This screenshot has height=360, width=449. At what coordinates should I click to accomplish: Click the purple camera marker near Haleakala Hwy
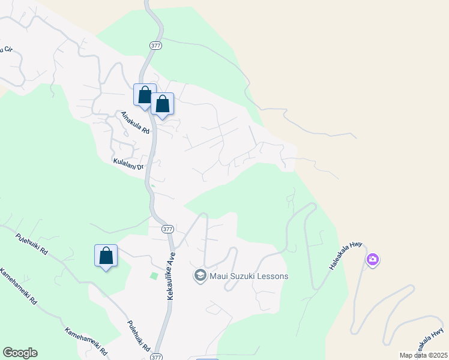(373, 260)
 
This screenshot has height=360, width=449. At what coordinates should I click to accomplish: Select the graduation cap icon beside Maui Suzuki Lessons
(200, 276)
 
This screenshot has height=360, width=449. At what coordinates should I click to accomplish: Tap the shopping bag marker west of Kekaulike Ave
(106, 256)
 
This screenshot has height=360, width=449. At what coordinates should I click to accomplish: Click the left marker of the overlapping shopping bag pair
(144, 95)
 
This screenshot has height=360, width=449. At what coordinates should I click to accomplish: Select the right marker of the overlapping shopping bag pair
(163, 104)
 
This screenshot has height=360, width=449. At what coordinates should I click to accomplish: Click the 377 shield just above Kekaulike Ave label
(167, 229)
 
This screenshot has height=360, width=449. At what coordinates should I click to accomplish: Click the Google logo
(20, 353)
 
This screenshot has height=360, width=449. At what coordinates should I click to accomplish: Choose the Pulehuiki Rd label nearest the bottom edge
(139, 337)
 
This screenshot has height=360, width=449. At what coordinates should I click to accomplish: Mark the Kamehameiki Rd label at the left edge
(17, 287)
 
